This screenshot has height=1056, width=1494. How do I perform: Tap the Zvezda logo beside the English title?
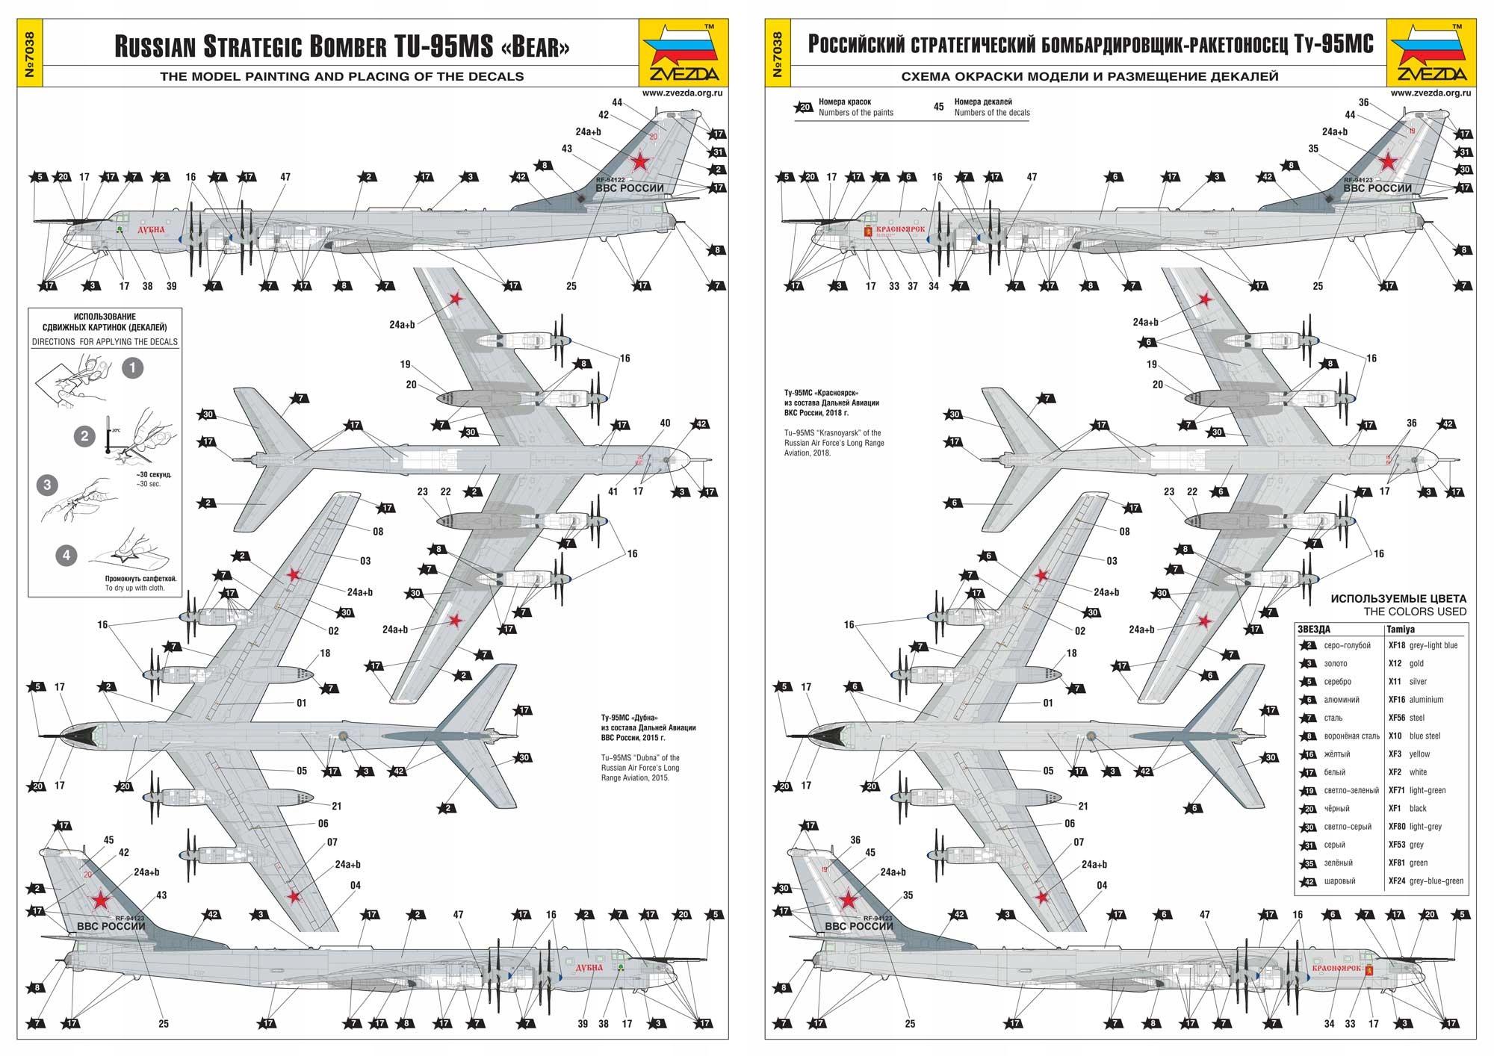(683, 53)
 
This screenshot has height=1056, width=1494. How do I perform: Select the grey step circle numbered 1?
(133, 367)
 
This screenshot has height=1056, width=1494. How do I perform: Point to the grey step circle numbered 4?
(66, 555)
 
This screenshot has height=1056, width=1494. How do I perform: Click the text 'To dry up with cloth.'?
(134, 588)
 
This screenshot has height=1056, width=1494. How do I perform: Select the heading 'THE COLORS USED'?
(1415, 612)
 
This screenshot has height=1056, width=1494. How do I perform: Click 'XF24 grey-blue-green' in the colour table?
(1425, 881)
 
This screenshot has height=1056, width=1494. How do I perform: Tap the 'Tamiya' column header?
(1401, 630)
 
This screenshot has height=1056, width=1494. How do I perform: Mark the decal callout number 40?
(665, 423)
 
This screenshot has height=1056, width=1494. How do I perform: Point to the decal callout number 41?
(613, 491)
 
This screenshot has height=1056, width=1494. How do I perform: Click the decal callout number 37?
(912, 286)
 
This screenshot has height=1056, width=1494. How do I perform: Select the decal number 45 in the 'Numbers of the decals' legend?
(939, 107)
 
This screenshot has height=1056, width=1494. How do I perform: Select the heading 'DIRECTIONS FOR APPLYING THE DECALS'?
(105, 342)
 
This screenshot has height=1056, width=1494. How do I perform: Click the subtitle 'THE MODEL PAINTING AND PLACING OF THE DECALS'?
(341, 76)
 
